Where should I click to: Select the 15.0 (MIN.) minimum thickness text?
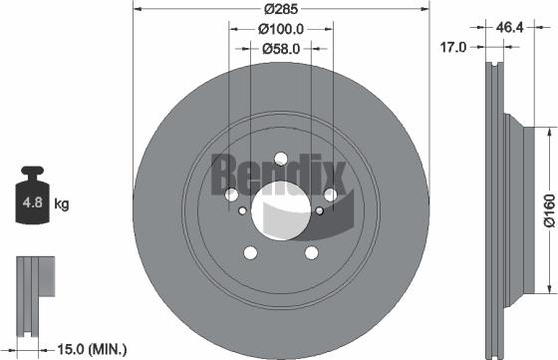[89, 348]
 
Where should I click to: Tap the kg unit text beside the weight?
[62, 205]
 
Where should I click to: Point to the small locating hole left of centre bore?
[243, 209]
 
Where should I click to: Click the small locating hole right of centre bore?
[318, 209]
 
